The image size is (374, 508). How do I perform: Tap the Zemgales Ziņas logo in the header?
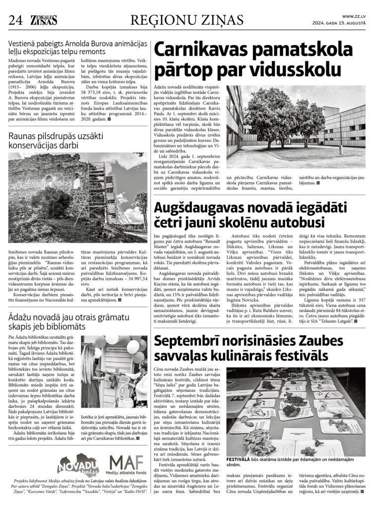click(x=43, y=20)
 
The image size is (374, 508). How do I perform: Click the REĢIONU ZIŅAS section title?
click(x=187, y=20)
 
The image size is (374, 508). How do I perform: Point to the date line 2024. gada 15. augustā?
click(x=339, y=23)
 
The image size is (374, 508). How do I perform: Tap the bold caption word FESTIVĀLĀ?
click(x=243, y=459)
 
